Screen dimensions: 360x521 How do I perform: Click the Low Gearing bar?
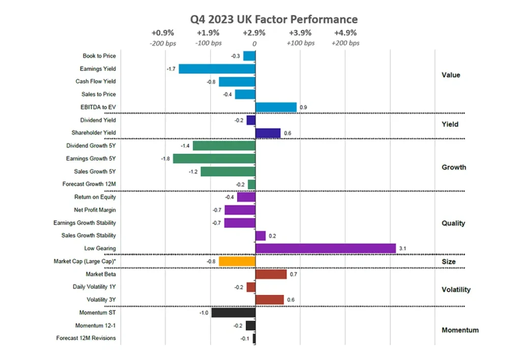(x=325, y=248)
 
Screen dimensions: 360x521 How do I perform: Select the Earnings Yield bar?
(x=217, y=69)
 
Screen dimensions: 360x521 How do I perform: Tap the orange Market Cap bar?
(x=237, y=261)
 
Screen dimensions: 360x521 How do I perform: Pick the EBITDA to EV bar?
(x=276, y=107)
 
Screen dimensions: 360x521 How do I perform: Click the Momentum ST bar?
(x=233, y=313)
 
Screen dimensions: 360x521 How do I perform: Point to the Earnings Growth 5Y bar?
(x=214, y=159)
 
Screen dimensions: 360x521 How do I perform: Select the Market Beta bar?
(x=271, y=275)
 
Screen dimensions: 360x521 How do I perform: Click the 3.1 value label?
(x=403, y=249)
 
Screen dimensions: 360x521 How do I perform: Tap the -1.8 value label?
(x=165, y=159)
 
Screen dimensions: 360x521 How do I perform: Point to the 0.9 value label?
(x=303, y=107)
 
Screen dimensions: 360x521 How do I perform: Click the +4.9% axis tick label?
(x=345, y=33)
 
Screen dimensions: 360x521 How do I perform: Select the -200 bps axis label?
(x=163, y=43)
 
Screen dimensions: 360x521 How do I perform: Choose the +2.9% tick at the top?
(x=254, y=33)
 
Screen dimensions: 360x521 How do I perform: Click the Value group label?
(x=451, y=75)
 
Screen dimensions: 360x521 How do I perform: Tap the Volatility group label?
(x=456, y=290)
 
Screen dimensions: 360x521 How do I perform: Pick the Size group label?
(x=448, y=262)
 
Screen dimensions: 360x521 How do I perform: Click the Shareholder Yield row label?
(x=94, y=133)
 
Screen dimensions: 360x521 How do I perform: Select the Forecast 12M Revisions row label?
(x=86, y=338)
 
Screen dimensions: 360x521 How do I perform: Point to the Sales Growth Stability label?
(x=89, y=235)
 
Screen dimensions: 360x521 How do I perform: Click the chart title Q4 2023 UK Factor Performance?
(x=274, y=19)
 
